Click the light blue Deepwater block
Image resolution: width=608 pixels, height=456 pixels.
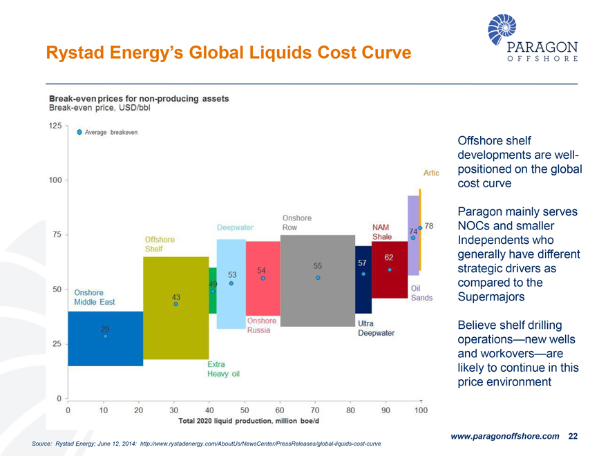[x=231, y=304]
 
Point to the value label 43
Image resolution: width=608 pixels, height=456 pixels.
[x=176, y=296]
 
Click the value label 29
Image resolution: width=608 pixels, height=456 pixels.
[x=105, y=329]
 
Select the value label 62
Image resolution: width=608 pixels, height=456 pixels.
[x=389, y=258]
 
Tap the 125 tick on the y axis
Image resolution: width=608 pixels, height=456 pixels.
[x=54, y=126]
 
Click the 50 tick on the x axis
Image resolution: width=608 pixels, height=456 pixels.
[x=245, y=410]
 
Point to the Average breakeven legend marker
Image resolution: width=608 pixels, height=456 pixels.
[x=79, y=132]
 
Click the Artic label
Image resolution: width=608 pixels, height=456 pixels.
[x=430, y=173]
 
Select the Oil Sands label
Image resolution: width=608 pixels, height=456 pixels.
[x=421, y=293]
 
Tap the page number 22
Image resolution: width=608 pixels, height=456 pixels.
[x=572, y=436]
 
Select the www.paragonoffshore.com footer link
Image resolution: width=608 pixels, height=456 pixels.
[x=504, y=436]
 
